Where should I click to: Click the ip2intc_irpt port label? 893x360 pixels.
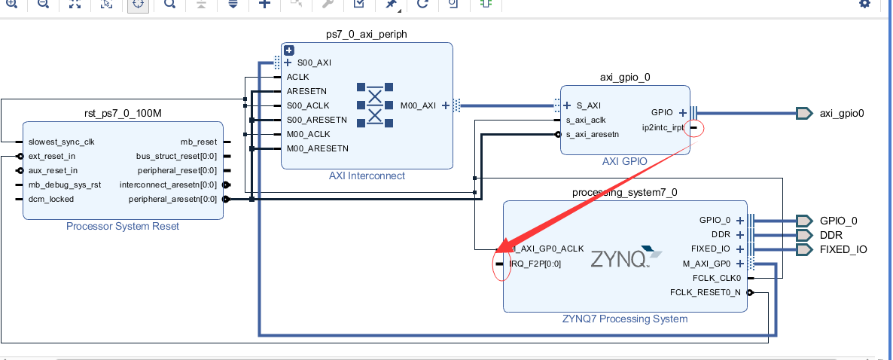click(x=663, y=127)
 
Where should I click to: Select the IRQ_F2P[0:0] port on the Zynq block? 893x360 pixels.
click(x=535, y=264)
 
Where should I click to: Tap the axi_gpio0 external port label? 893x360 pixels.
click(x=842, y=114)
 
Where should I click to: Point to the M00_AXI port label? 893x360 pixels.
click(x=419, y=105)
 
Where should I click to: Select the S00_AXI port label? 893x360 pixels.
click(x=314, y=63)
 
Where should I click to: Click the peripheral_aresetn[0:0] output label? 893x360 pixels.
click(x=172, y=199)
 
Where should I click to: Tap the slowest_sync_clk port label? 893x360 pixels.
click(x=62, y=142)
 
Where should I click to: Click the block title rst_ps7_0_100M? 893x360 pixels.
click(x=123, y=113)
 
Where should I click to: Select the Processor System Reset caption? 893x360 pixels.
click(x=123, y=226)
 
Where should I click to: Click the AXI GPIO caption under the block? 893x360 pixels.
click(x=624, y=161)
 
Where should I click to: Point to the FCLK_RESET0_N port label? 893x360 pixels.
click(x=705, y=292)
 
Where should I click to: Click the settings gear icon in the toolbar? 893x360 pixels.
click(x=864, y=4)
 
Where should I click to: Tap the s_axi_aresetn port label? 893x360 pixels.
click(x=592, y=134)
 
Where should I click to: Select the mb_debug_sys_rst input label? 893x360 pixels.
click(x=65, y=185)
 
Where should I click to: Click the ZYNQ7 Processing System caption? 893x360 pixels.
click(x=625, y=319)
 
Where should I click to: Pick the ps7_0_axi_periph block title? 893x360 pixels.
click(x=367, y=34)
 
